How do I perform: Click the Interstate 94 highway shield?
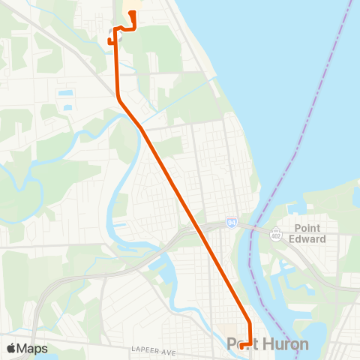point(232,223)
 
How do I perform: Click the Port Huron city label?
point(267,344)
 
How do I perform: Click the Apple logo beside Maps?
point(11,348)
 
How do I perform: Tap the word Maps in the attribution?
point(32,348)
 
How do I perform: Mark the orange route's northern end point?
point(132,13)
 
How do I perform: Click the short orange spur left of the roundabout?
point(110,40)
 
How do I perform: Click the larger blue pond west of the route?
point(65,94)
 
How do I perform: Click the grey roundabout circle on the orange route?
point(116,32)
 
